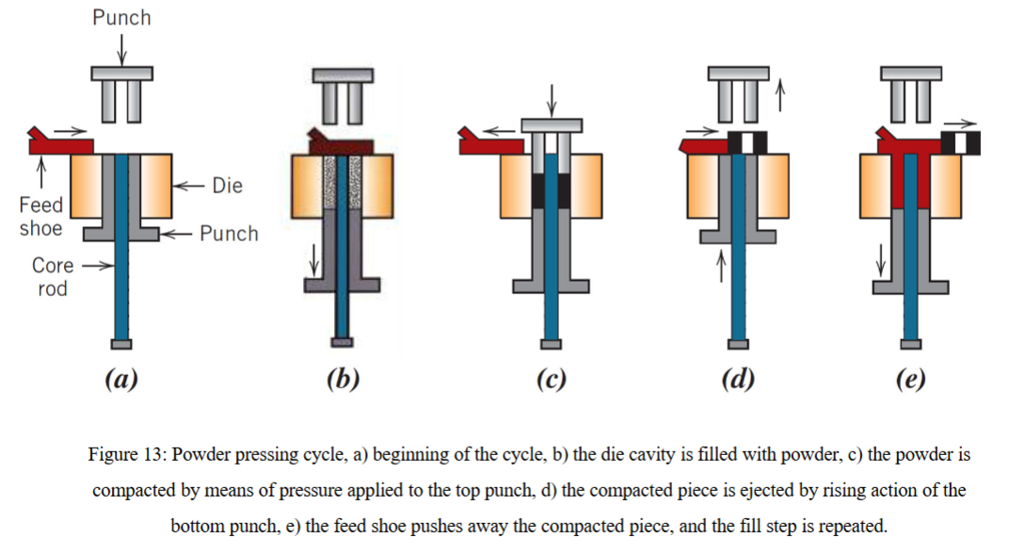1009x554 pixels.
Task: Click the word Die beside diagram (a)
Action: [x=227, y=186]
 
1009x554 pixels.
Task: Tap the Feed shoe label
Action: [x=41, y=217]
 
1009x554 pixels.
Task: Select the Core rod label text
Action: [x=53, y=276]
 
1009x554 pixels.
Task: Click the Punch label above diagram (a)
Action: [x=121, y=17]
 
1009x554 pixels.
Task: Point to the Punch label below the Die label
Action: [x=229, y=234]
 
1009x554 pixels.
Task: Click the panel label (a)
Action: [x=121, y=379]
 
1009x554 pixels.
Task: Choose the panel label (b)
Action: [x=343, y=379]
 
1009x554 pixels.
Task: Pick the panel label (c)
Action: [x=552, y=379]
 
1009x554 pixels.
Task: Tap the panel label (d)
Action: [x=738, y=379]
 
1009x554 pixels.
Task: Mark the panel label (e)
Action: [x=910, y=379]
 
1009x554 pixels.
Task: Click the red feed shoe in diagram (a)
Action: [x=60, y=142]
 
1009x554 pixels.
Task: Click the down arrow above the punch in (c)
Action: [x=552, y=100]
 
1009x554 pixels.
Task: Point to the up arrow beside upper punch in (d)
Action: [x=780, y=95]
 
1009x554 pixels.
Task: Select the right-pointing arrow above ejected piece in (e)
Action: [x=960, y=123]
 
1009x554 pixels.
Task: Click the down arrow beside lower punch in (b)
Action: [x=314, y=259]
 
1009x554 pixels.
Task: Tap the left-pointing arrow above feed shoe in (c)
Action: [x=499, y=131]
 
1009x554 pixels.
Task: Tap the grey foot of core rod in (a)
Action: [x=121, y=345]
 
